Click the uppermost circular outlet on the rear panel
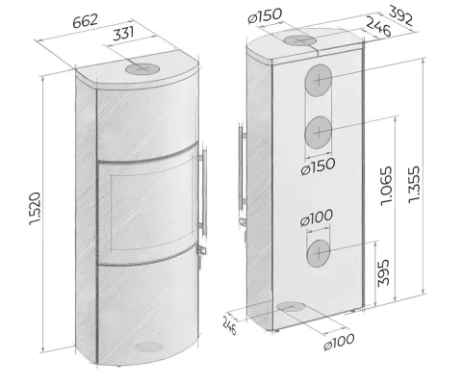[319, 82]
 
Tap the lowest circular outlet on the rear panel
[317, 254]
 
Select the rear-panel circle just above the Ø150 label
[319, 132]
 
